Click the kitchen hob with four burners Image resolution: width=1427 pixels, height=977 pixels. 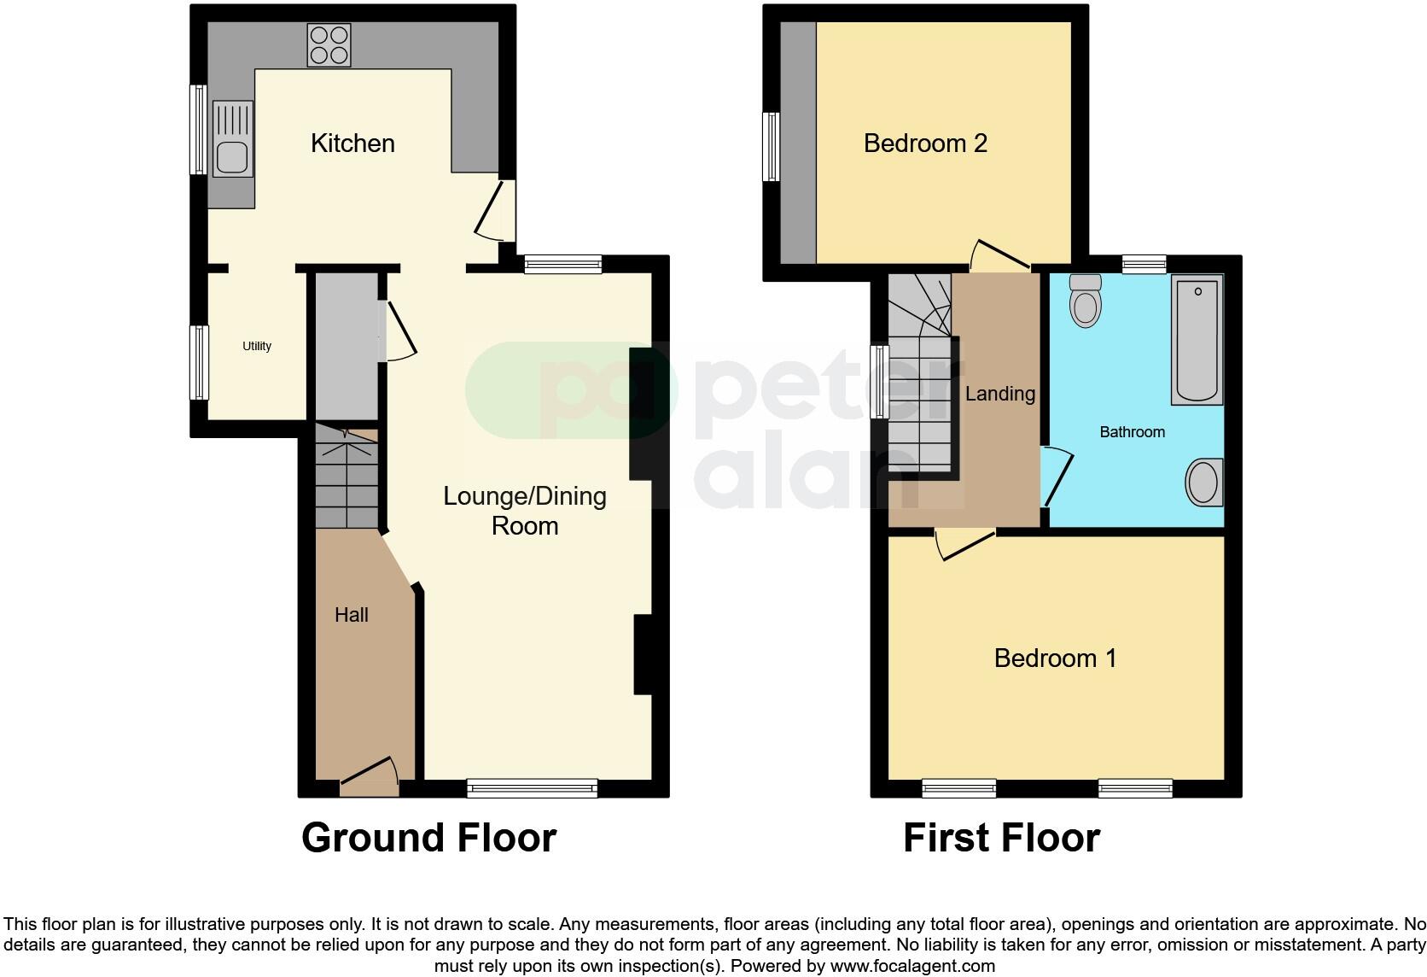point(329,45)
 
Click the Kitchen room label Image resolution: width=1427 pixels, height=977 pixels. point(352,143)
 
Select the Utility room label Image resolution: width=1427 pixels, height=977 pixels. point(257,346)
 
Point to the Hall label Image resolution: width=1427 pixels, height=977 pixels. point(352,615)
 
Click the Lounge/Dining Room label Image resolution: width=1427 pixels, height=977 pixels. point(525,511)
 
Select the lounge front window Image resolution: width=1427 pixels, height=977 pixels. point(532,788)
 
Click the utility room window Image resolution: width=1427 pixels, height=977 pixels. point(199,362)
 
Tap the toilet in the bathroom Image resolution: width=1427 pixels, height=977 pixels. point(1086,300)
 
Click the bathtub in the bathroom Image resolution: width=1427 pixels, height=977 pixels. point(1197,338)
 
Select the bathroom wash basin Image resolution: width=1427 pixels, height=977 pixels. point(1204,483)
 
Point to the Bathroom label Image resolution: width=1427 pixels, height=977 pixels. point(1132,432)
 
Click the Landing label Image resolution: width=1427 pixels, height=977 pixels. point(1000,394)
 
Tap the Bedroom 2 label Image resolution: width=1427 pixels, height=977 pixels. point(925,143)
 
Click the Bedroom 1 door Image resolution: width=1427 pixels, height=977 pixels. point(965,543)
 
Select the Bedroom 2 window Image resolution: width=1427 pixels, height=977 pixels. point(772,146)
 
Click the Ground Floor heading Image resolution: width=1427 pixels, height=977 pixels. point(428,838)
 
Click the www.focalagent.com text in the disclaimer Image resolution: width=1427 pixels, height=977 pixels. point(912,967)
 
